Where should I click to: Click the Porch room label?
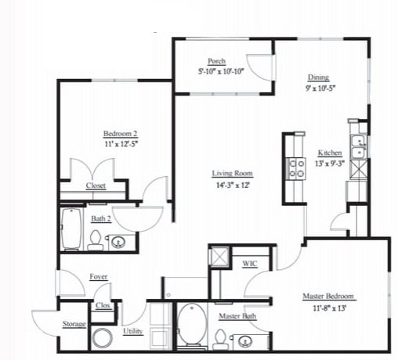(217, 61)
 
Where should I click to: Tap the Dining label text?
(317, 77)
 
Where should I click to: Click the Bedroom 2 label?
(120, 133)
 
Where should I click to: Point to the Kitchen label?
(329, 153)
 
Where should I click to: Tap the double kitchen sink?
(358, 148)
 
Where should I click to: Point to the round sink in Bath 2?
(120, 242)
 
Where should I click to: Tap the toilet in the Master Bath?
(221, 337)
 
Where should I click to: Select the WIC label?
(250, 264)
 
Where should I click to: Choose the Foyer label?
(99, 276)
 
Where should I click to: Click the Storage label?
(74, 324)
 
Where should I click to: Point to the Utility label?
(132, 331)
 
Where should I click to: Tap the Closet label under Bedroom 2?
(96, 186)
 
